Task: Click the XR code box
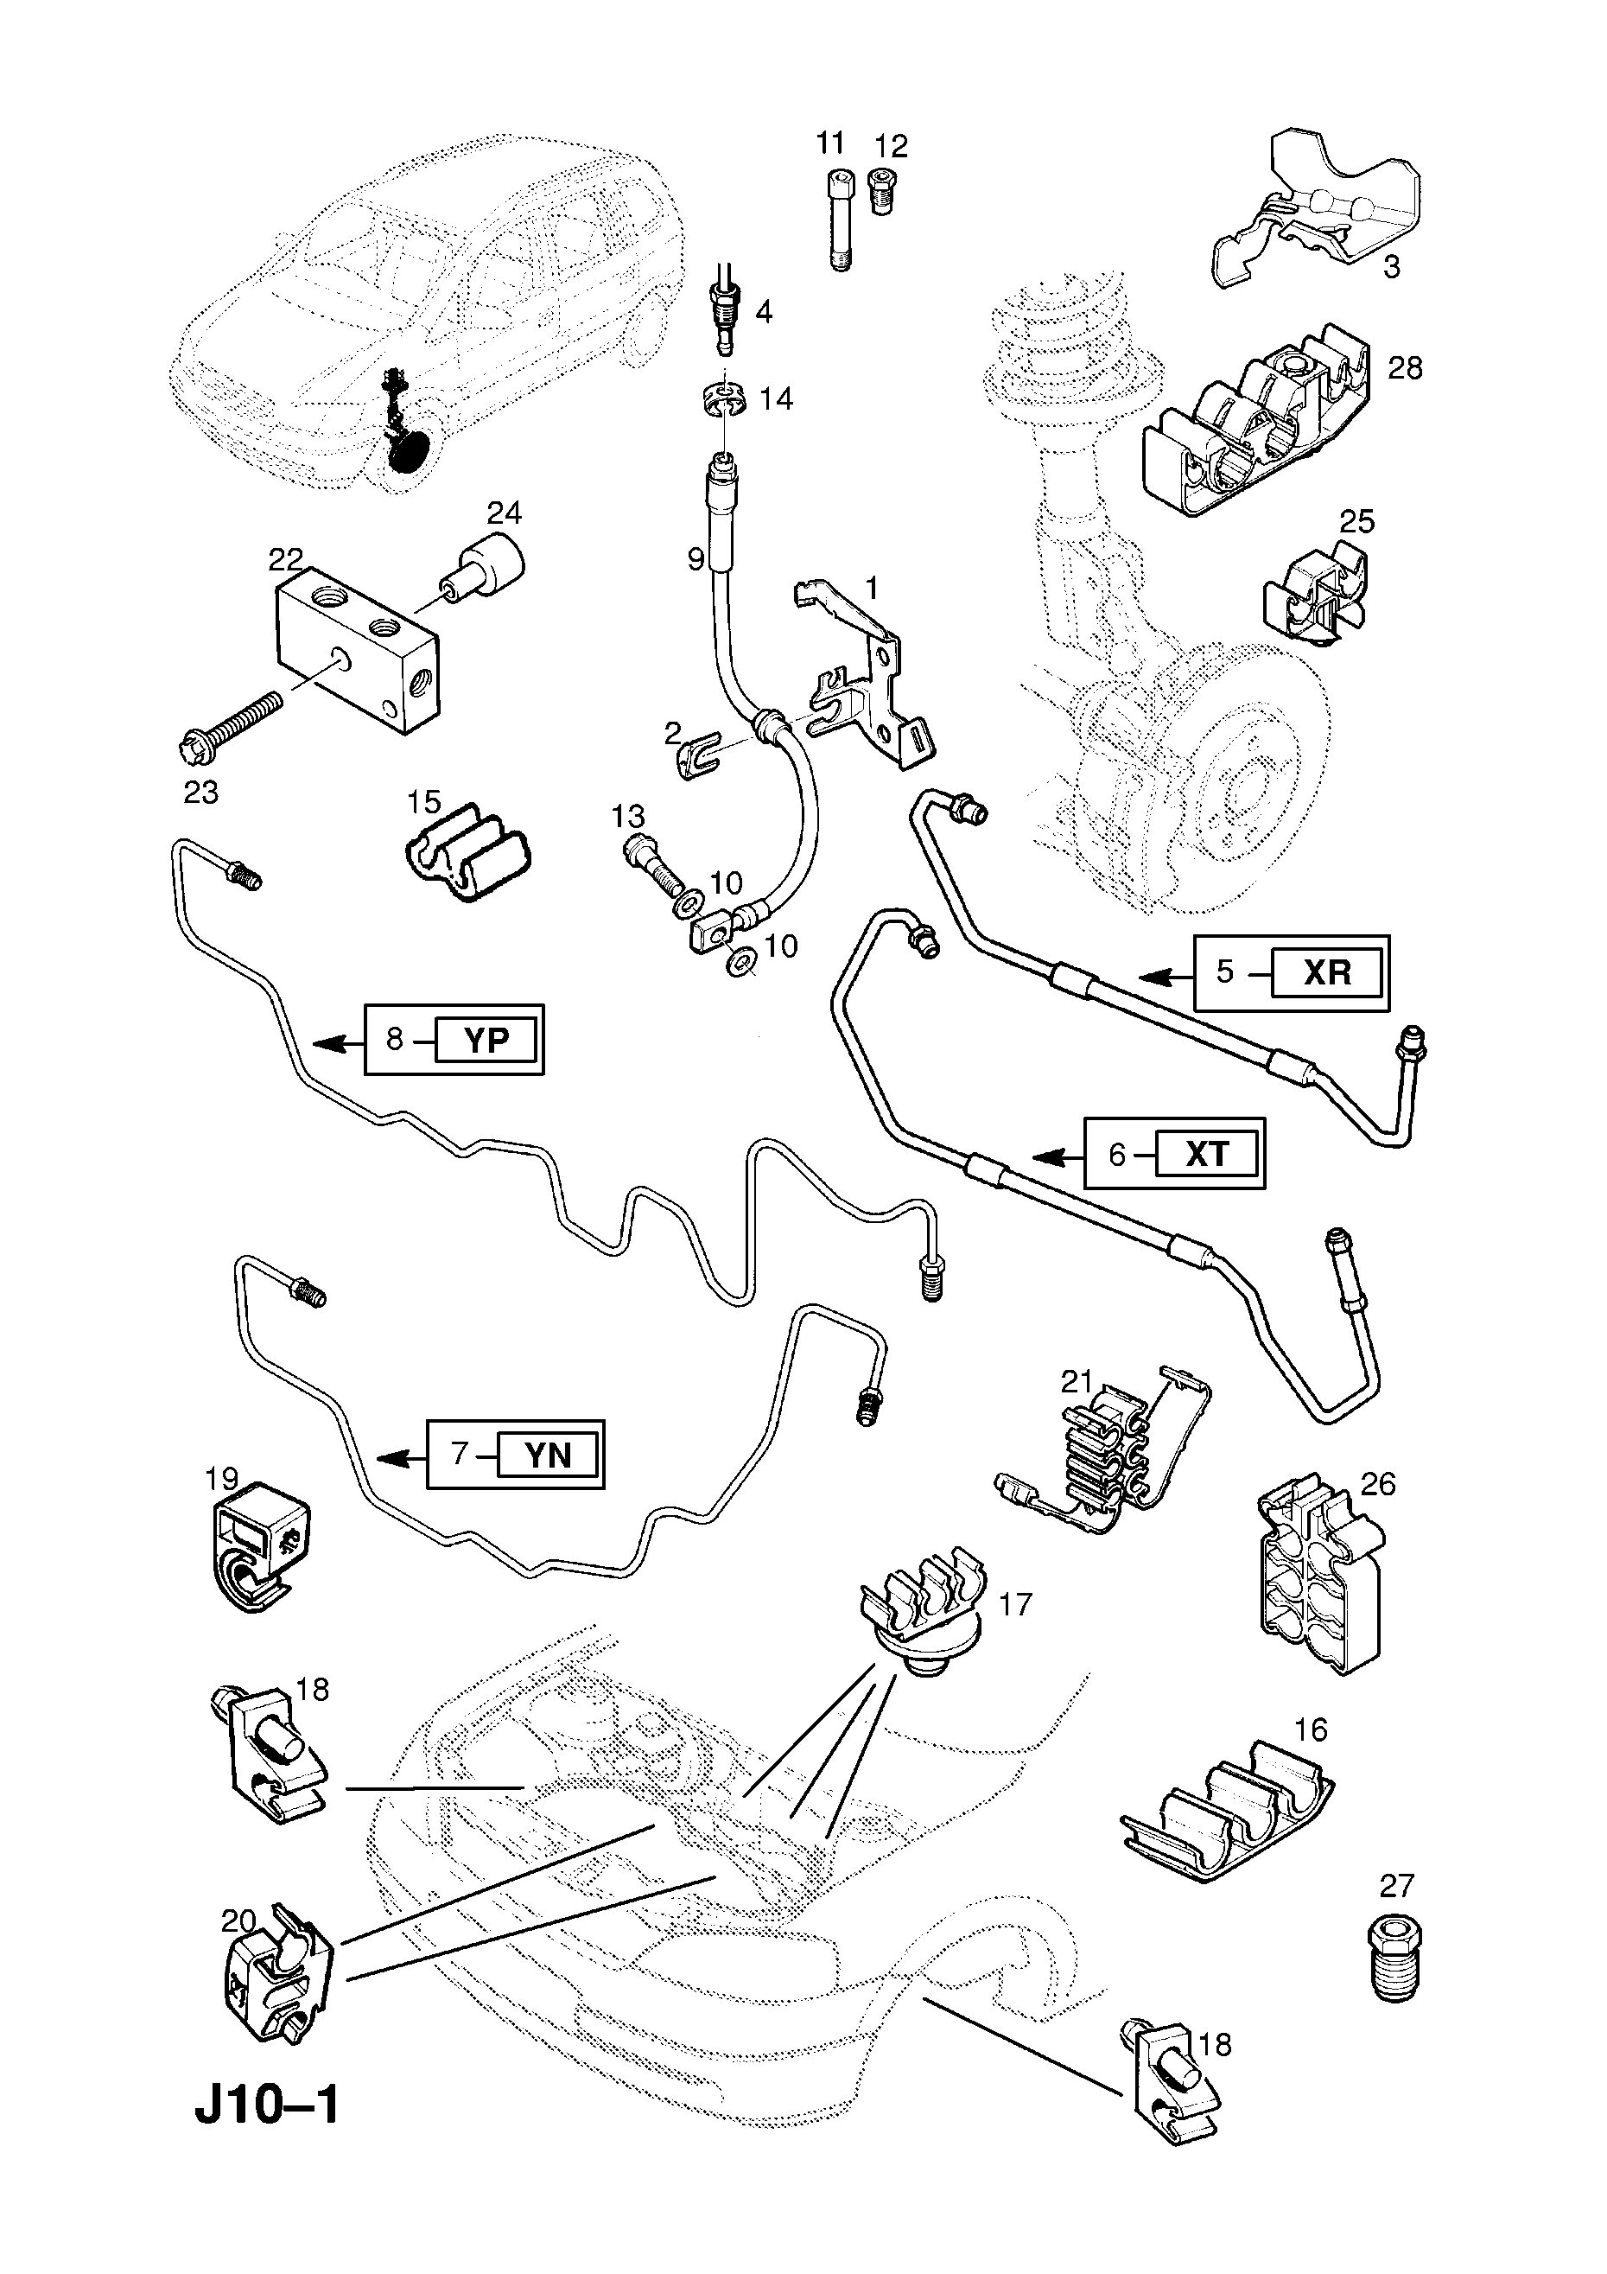(1327, 972)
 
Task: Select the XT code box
(1206, 1154)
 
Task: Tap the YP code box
(486, 1040)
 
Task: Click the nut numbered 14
(727, 399)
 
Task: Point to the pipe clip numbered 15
(468, 853)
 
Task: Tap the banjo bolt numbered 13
(653, 864)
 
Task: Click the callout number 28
(1404, 368)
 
